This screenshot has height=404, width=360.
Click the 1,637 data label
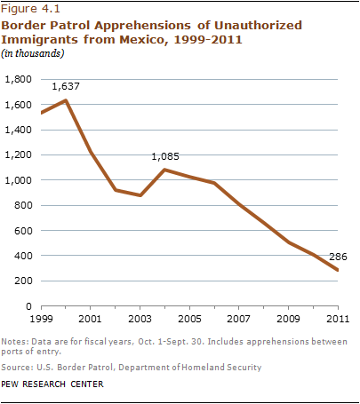(66, 86)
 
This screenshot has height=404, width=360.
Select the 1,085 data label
(165, 156)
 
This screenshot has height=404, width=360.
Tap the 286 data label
(338, 257)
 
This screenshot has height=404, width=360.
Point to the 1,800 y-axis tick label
(19, 79)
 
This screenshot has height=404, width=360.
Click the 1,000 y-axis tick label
(19, 180)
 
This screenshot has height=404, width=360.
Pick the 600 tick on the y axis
(23, 230)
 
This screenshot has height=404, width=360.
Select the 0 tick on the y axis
(28, 306)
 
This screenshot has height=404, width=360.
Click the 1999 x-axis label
(41, 319)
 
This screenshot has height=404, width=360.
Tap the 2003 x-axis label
(140, 319)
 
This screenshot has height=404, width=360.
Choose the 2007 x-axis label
(239, 319)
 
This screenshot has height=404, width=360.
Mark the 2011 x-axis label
(338, 319)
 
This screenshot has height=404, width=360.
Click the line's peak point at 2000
(66, 100)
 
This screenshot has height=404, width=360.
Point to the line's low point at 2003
(140, 195)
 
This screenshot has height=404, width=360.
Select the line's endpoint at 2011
(338, 270)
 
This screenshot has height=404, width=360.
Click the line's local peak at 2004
(164, 170)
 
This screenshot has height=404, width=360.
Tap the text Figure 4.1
(30, 9)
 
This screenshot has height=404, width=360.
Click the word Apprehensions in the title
(143, 26)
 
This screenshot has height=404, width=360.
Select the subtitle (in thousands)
(33, 53)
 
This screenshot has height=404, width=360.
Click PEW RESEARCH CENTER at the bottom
(52, 384)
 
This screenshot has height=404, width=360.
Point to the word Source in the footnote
(16, 368)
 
